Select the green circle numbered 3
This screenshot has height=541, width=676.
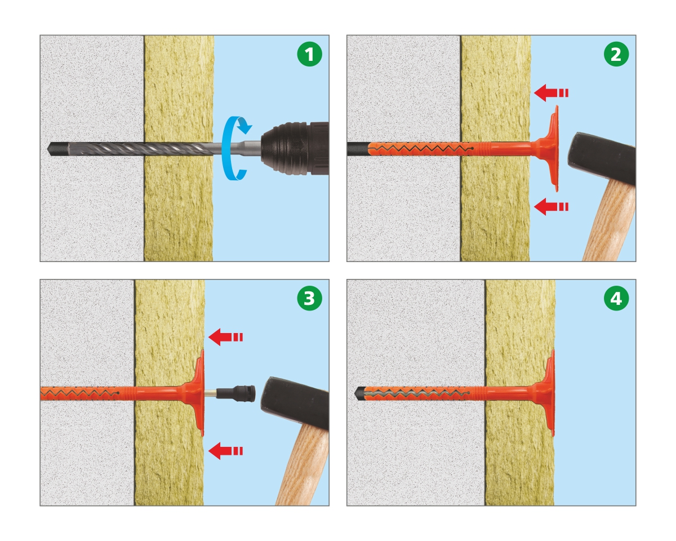(x=309, y=298)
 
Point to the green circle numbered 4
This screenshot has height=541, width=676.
(x=616, y=298)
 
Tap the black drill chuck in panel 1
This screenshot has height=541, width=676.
(x=295, y=148)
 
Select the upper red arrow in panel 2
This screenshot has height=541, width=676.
(x=551, y=93)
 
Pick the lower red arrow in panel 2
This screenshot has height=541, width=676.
(x=551, y=206)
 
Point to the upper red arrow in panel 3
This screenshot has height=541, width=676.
(x=225, y=338)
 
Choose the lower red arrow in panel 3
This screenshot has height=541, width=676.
(x=225, y=451)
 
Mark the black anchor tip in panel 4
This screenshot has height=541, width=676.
(x=358, y=393)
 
